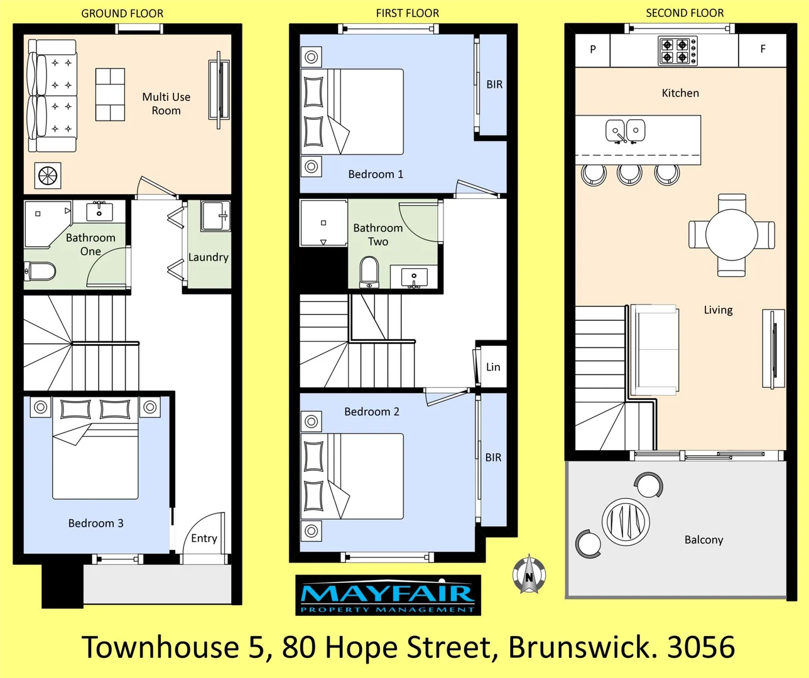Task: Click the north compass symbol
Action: tap(529, 575)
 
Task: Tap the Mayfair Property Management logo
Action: tap(388, 595)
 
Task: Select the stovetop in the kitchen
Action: tap(677, 51)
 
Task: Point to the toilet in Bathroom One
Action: tap(40, 272)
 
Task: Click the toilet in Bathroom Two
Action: tap(369, 272)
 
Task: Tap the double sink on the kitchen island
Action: tap(625, 131)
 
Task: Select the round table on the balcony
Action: tap(626, 521)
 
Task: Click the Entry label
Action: tap(204, 538)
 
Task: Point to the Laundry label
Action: tap(208, 257)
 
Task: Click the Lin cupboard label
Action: tap(493, 367)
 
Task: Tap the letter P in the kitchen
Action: tap(592, 50)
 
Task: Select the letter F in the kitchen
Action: tap(763, 49)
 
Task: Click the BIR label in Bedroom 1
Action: tap(494, 85)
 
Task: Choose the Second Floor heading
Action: tap(685, 13)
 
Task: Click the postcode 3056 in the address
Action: tap(701, 647)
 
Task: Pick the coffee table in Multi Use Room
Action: tap(110, 94)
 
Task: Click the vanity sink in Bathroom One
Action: tap(99, 212)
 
